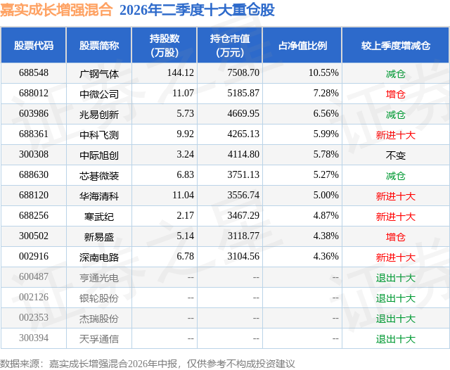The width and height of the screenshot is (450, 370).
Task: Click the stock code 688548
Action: (34, 73)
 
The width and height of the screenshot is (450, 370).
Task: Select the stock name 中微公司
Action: (99, 94)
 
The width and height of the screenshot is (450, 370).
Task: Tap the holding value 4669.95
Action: (243, 114)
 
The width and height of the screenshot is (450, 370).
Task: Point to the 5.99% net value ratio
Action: (326, 134)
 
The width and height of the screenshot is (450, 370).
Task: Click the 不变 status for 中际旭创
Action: (396, 155)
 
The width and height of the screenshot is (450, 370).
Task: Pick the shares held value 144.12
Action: (181, 73)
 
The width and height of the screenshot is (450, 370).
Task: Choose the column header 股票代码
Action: (34, 45)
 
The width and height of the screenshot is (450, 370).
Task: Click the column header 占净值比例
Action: (303, 45)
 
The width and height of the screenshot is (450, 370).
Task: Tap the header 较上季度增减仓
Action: (396, 45)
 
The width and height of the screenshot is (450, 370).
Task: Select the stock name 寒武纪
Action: (99, 217)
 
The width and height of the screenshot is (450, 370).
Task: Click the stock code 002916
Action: (34, 256)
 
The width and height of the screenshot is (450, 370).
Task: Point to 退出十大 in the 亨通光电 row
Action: (396, 278)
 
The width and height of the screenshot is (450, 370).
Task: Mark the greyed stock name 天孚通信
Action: (99, 339)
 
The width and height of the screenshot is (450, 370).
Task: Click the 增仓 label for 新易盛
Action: (396, 237)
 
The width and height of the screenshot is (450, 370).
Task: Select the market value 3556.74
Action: (243, 195)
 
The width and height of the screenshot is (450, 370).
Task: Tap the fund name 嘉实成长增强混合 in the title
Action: (56, 10)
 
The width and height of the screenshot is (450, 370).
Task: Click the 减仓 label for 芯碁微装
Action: (396, 176)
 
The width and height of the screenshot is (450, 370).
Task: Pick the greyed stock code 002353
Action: (34, 317)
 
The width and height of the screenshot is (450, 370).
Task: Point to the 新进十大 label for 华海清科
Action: (396, 196)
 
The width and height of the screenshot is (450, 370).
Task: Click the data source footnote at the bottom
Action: (148, 364)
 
